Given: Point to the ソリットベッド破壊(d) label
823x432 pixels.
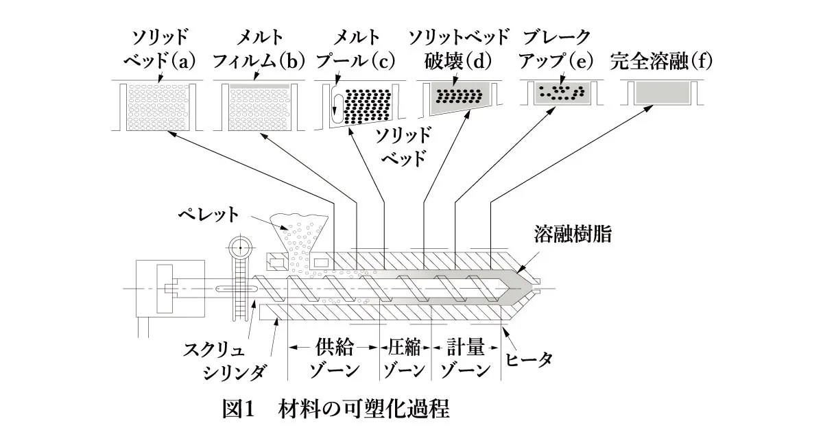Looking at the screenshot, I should (x=459, y=49).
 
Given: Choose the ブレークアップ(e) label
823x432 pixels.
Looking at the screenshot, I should (x=556, y=49).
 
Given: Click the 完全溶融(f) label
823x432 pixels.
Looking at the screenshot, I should (x=661, y=62).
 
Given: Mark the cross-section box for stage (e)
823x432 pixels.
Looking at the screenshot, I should (x=561, y=92).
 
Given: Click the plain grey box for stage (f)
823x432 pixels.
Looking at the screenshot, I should (x=661, y=93).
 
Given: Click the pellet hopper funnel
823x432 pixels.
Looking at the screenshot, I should (x=298, y=237).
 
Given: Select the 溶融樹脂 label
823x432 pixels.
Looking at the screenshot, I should (x=573, y=235).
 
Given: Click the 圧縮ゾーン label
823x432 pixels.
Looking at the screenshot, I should (x=405, y=359).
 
